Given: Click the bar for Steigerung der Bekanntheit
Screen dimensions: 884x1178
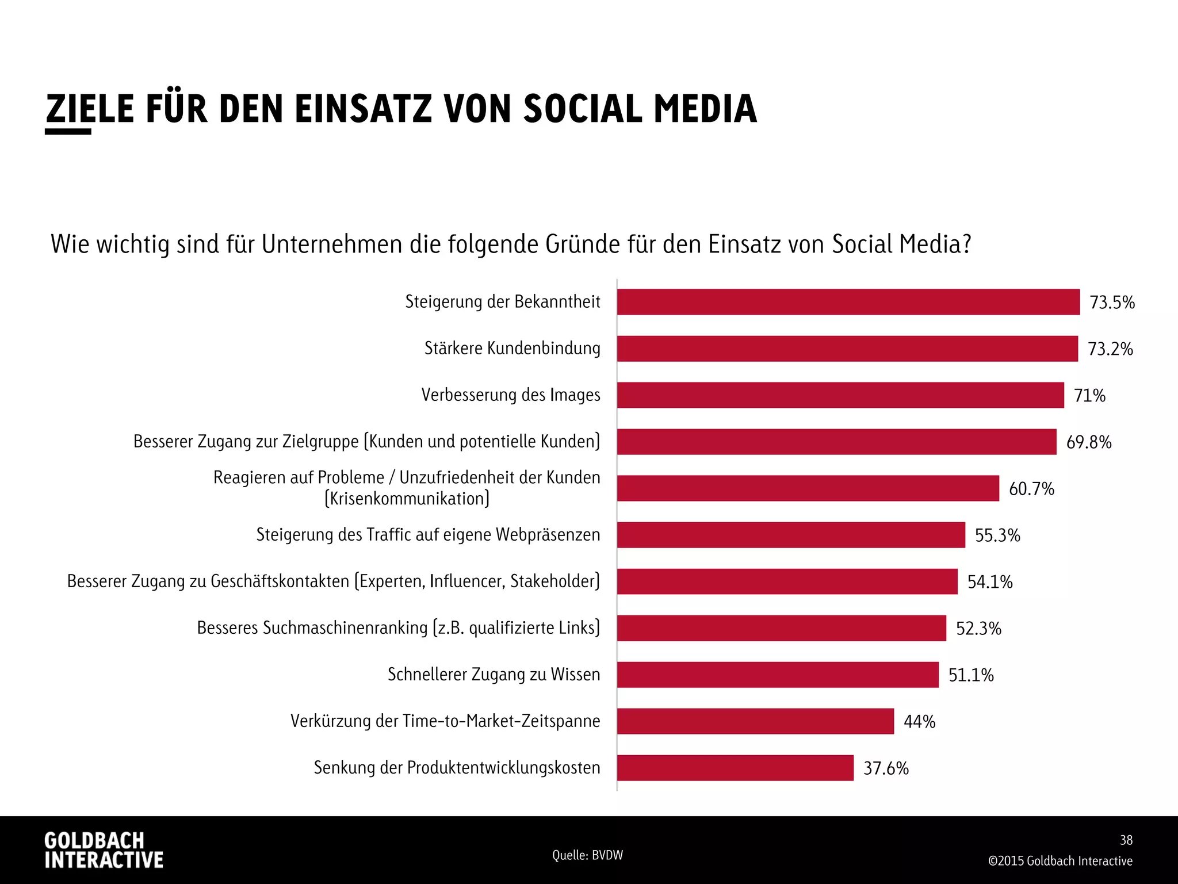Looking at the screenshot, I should [x=848, y=302].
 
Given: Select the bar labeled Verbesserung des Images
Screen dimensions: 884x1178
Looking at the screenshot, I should [x=840, y=395].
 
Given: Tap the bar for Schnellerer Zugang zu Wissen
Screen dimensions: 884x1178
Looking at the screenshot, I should [x=778, y=675].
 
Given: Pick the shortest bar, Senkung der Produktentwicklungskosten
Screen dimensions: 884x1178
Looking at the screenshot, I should [x=735, y=768].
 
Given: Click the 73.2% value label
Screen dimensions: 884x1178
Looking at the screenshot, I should [x=1110, y=349].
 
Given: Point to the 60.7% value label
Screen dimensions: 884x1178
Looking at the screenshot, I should [x=1031, y=489].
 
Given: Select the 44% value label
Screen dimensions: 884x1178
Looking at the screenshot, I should [x=919, y=721].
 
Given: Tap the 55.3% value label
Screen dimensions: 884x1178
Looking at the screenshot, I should [x=997, y=535].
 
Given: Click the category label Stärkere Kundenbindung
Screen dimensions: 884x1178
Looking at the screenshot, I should [x=512, y=349].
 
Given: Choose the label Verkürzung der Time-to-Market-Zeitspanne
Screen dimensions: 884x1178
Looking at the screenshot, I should [x=445, y=721].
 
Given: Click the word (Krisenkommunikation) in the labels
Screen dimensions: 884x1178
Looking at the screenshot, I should [x=407, y=499].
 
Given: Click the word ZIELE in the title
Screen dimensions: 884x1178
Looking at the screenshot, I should [x=90, y=109].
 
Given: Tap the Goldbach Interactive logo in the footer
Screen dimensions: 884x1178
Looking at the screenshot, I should [x=104, y=849].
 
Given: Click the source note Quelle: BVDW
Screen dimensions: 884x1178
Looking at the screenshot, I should [x=587, y=855].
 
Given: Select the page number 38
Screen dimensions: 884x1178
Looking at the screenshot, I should [x=1126, y=840].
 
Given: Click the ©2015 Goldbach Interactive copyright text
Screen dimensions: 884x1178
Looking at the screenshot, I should [x=1060, y=861].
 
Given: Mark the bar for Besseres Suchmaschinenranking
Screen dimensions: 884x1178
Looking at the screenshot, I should [x=782, y=628].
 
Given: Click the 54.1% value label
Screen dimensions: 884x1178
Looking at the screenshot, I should [x=990, y=582].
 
